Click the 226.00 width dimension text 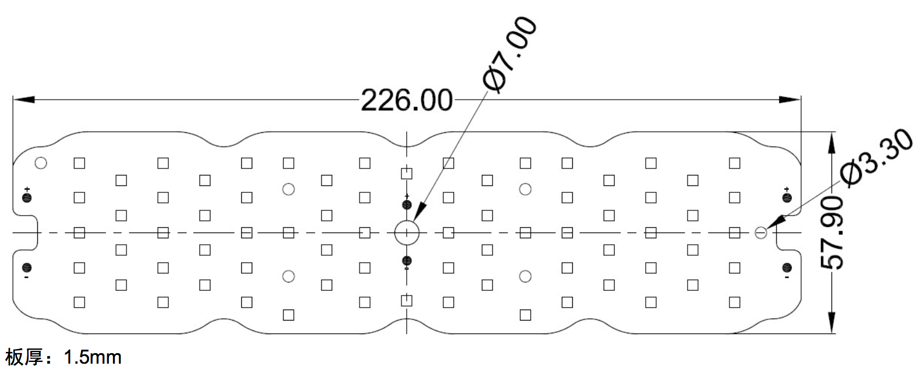click(407, 100)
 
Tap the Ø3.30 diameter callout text click(876, 158)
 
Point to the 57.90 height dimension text click(832, 233)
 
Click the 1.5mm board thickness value click(93, 357)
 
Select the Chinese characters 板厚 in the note click(24, 357)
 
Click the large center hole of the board click(407, 233)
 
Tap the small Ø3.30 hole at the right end click(760, 233)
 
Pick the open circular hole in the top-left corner click(41, 163)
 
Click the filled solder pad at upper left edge click(27, 198)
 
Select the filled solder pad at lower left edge click(27, 268)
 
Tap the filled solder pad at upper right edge click(787, 198)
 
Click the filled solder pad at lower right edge click(787, 268)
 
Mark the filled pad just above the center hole click(407, 205)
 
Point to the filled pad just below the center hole click(407, 261)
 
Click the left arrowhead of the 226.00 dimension click(24, 100)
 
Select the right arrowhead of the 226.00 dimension click(790, 100)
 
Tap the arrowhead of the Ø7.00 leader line click(420, 212)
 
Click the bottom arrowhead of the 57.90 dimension click(832, 323)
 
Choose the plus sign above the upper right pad click(787, 189)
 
